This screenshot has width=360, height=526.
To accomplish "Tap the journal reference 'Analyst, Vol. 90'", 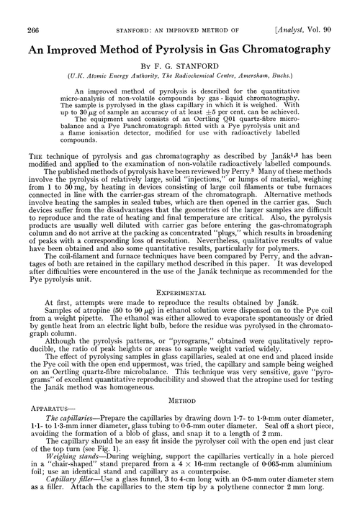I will (x=317, y=9).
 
